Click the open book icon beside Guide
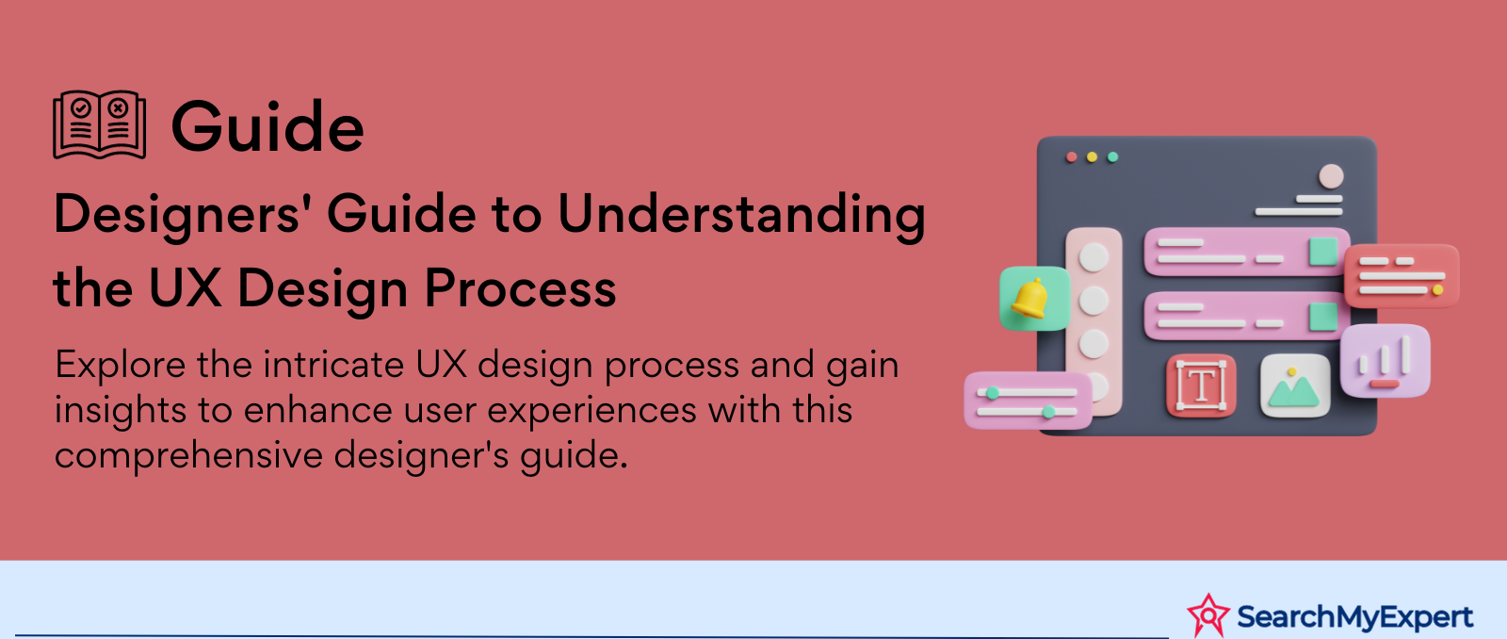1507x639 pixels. [100, 124]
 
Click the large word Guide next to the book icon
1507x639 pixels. [267, 126]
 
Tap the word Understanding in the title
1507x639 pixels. [741, 215]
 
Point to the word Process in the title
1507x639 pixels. [520, 288]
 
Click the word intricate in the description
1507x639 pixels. [333, 365]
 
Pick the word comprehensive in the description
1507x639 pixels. [189, 456]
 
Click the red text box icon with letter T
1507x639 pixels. [1201, 385]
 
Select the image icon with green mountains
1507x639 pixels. [1295, 385]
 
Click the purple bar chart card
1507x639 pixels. [1385, 361]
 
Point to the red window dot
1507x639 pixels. [1072, 156]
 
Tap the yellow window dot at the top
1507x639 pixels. [1092, 156]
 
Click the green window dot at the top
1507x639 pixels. [1112, 156]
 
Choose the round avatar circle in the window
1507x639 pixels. [1331, 176]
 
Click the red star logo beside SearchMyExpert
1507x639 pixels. [1208, 615]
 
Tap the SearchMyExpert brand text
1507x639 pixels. [1355, 616]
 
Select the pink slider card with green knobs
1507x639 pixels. [1028, 401]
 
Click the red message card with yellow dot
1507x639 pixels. [1402, 275]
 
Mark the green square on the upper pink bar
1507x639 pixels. [1322, 251]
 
